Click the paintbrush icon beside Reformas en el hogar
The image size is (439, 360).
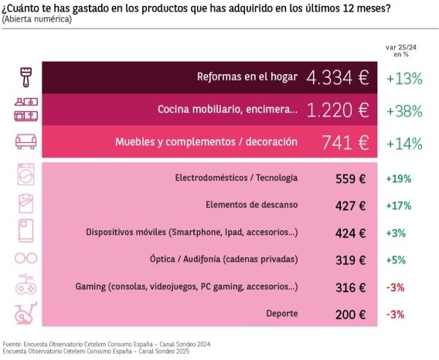coord(26,77)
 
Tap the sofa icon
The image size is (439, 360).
coord(26,141)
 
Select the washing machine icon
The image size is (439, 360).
coord(26,175)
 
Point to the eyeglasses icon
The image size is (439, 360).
coord(26,258)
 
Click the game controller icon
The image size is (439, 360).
coord(26,285)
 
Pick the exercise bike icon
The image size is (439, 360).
coord(26,313)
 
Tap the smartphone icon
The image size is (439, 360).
coord(26,231)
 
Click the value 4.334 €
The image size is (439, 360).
coord(338,77)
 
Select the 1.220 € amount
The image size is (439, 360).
coord(338,110)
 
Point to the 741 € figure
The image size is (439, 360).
coord(345,142)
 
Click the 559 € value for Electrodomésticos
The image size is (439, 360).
coord(351,178)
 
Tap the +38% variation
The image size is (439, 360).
coord(404,111)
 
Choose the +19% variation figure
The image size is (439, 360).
coord(399,178)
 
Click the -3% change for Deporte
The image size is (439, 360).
coord(395,314)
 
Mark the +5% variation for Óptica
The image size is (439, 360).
coord(396,260)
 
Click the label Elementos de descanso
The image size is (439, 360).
coord(252,205)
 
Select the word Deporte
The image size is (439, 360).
coord(282,314)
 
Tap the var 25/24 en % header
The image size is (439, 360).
coord(401,51)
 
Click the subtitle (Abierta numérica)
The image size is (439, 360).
coord(36,19)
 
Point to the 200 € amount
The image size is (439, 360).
coord(351,314)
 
